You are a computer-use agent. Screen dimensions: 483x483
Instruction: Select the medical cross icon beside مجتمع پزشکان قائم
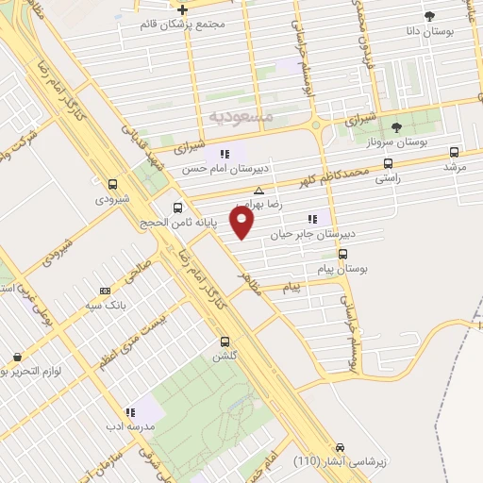pyautogui.click(x=182, y=9)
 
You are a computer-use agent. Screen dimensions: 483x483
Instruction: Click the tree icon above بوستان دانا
pyautogui.click(x=429, y=16)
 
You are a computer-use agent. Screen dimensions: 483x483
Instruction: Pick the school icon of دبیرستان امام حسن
pyautogui.click(x=225, y=154)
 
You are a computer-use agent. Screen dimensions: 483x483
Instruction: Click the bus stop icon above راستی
pyautogui.click(x=388, y=163)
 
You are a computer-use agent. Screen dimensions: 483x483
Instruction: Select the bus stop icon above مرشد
pyautogui.click(x=455, y=152)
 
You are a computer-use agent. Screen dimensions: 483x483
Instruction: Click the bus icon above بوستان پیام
pyautogui.click(x=341, y=253)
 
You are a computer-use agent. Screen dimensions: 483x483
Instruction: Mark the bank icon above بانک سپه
pyautogui.click(x=104, y=291)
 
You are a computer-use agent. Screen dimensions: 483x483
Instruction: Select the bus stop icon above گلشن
pyautogui.click(x=224, y=341)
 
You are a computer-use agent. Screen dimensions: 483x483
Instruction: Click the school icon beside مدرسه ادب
pyautogui.click(x=131, y=412)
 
